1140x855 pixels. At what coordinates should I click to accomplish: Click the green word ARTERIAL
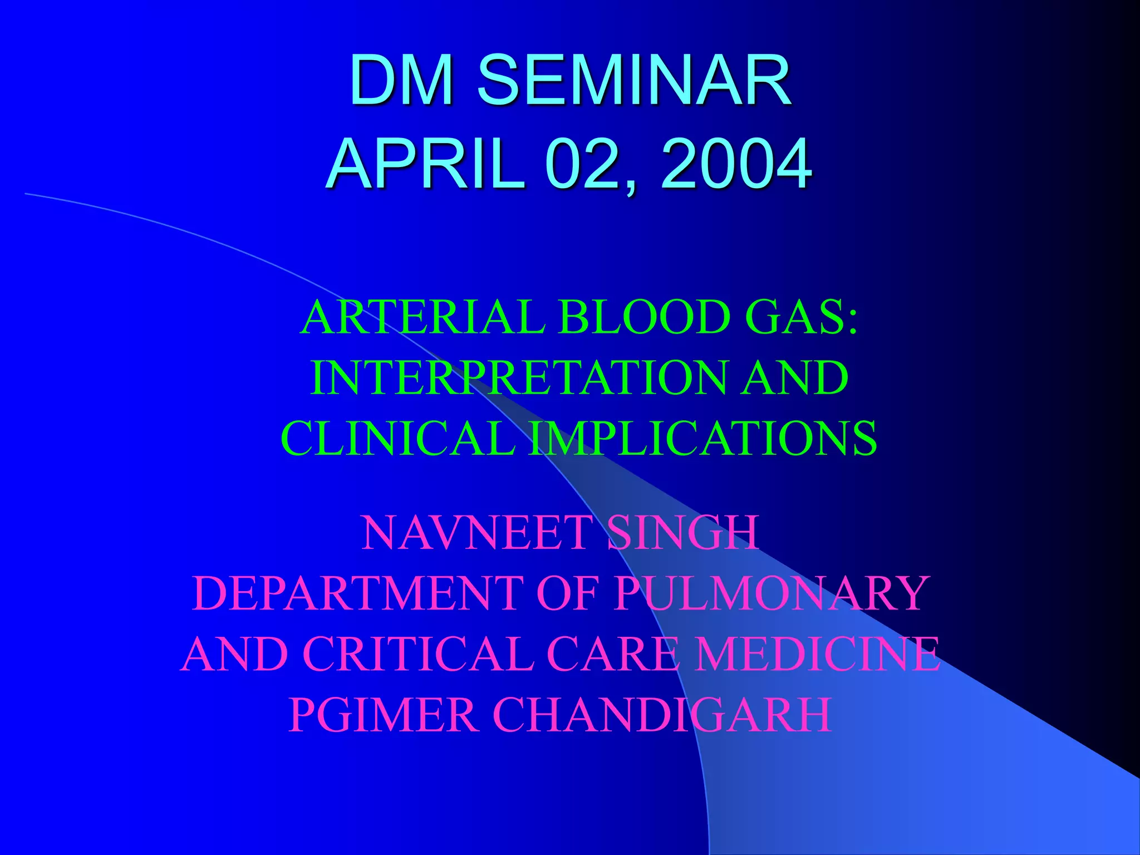(423, 317)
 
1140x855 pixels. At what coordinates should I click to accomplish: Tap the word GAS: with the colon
(802, 317)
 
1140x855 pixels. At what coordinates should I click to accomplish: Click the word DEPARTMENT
(356, 593)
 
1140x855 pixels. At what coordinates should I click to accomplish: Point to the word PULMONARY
(771, 593)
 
